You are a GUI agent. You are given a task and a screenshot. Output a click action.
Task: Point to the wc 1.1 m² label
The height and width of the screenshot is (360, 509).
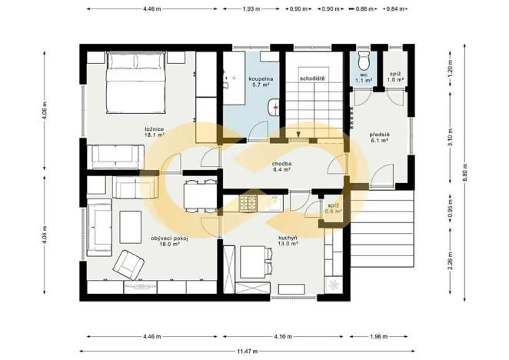coord(363,77)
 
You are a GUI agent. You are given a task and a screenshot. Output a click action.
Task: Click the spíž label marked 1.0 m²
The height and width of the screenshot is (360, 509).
coord(394,77)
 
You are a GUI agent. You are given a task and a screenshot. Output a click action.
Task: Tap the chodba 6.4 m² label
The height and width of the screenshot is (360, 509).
coord(280,166)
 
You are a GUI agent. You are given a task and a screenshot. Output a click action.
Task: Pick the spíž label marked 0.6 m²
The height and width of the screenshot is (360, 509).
coord(334,208)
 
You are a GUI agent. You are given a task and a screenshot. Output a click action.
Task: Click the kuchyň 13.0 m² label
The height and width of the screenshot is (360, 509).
coord(288,241)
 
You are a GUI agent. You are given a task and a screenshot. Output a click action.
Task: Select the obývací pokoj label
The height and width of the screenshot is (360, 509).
coord(170,242)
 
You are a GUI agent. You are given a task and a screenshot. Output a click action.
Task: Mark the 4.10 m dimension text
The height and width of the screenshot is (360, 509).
coord(282,336)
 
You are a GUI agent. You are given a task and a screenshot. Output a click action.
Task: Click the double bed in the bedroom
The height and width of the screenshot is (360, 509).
coord(135,82)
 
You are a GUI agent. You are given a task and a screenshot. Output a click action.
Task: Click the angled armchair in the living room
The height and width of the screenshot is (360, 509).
coord(129,264)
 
